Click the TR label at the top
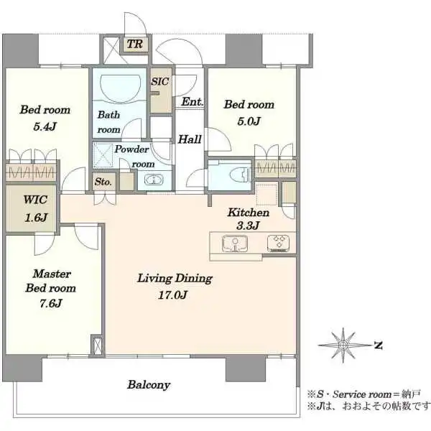coord(134,45)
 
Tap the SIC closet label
coord(159,82)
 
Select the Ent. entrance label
coord(191,102)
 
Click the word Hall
coord(190,139)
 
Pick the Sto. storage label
coord(103,182)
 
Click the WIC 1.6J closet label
coord(33,207)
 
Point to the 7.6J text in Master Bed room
coord(50,302)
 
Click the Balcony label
coord(149,385)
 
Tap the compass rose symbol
coord(345,345)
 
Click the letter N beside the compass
coord(378,345)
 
